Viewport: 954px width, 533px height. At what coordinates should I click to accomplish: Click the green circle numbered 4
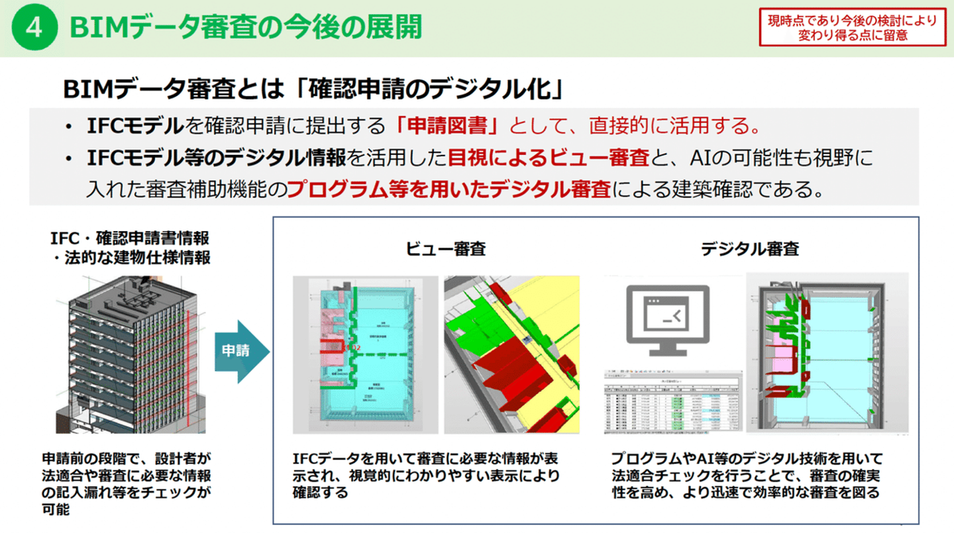pos(33,28)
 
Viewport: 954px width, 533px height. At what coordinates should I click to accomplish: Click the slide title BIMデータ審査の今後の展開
pos(244,28)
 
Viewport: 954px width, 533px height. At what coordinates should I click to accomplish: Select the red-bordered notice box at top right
pos(852,28)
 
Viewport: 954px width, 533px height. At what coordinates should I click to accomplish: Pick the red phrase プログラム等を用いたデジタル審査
pos(449,191)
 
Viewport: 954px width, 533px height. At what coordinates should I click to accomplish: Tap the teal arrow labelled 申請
pos(241,352)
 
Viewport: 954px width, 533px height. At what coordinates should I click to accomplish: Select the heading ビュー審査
pos(446,249)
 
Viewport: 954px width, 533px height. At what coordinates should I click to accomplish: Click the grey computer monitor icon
pos(667,320)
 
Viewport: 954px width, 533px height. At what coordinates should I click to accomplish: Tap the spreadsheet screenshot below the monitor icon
pos(671,403)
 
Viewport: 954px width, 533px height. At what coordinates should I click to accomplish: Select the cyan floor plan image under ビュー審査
pos(366,354)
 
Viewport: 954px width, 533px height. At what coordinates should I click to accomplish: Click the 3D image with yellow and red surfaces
pos(511,354)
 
